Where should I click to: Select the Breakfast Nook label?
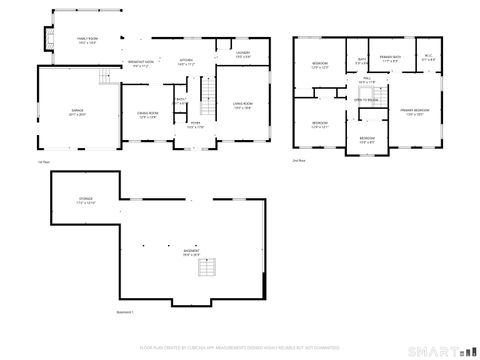pyautogui.click(x=141, y=62)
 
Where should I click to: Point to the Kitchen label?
pyautogui.click(x=185, y=62)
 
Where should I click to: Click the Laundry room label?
pyautogui.click(x=242, y=53)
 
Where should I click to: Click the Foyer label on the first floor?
pyautogui.click(x=196, y=125)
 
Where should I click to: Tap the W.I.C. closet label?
pyautogui.click(x=428, y=57)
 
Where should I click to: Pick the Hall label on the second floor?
pyautogui.click(x=367, y=79)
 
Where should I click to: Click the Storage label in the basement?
pyautogui.click(x=86, y=201)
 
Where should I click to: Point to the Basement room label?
pyautogui.click(x=190, y=252)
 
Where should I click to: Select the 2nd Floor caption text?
pyautogui.click(x=299, y=158)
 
